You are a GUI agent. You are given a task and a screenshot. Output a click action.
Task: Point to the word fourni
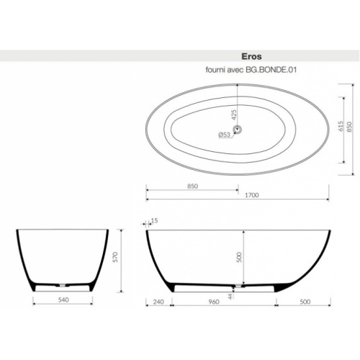point(218,71)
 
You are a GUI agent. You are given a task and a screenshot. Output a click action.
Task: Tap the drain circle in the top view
point(239,130)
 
